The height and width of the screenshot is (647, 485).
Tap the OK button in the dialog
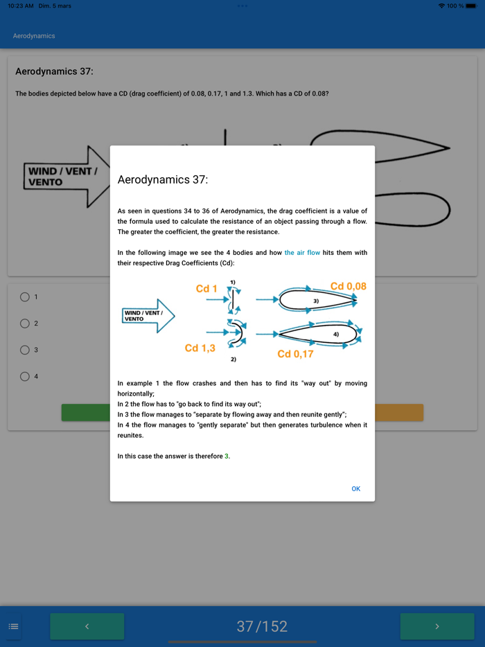[x=355, y=489]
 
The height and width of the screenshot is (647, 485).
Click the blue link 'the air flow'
[x=302, y=253]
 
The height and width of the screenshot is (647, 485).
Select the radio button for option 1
[x=25, y=297]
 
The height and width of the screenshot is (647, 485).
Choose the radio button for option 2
[x=25, y=323]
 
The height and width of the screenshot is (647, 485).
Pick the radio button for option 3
[x=25, y=350]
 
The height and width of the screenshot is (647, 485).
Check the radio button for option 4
[x=25, y=376]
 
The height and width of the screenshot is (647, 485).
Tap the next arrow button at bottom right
[x=436, y=626]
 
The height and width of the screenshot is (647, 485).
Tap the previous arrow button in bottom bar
[x=87, y=626]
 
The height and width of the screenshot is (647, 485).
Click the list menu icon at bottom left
[x=13, y=626]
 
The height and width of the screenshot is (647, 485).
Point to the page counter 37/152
[x=263, y=626]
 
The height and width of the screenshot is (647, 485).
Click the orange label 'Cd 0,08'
[x=348, y=286]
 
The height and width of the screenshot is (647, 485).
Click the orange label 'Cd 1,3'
[x=200, y=348]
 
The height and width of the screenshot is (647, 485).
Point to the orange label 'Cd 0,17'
[x=295, y=354]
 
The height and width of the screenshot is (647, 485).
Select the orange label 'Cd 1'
[x=206, y=288]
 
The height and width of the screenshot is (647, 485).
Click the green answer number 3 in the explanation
[x=227, y=456]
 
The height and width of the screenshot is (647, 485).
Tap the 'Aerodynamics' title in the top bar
[x=34, y=36]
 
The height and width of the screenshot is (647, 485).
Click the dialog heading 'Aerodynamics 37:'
[x=163, y=180]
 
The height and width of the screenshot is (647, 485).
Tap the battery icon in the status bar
[x=471, y=6]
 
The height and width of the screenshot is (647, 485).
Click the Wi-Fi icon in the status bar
[x=441, y=6]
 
